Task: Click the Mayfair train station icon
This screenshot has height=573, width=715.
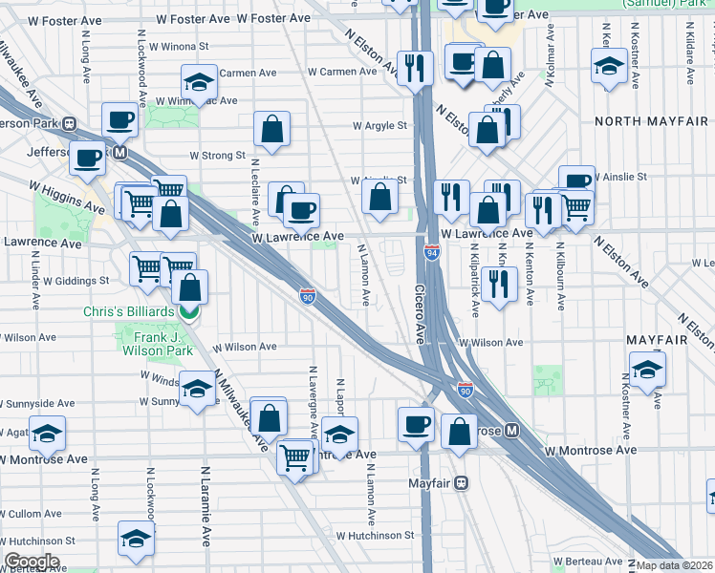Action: point(463,483)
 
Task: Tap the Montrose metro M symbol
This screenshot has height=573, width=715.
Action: point(512,431)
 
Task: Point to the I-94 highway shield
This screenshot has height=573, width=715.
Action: point(430,253)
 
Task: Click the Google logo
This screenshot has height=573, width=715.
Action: point(32,562)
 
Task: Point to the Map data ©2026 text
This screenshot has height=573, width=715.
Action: point(675,565)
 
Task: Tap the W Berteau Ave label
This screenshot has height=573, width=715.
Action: point(584,562)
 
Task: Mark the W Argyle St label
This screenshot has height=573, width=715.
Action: point(379,125)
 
